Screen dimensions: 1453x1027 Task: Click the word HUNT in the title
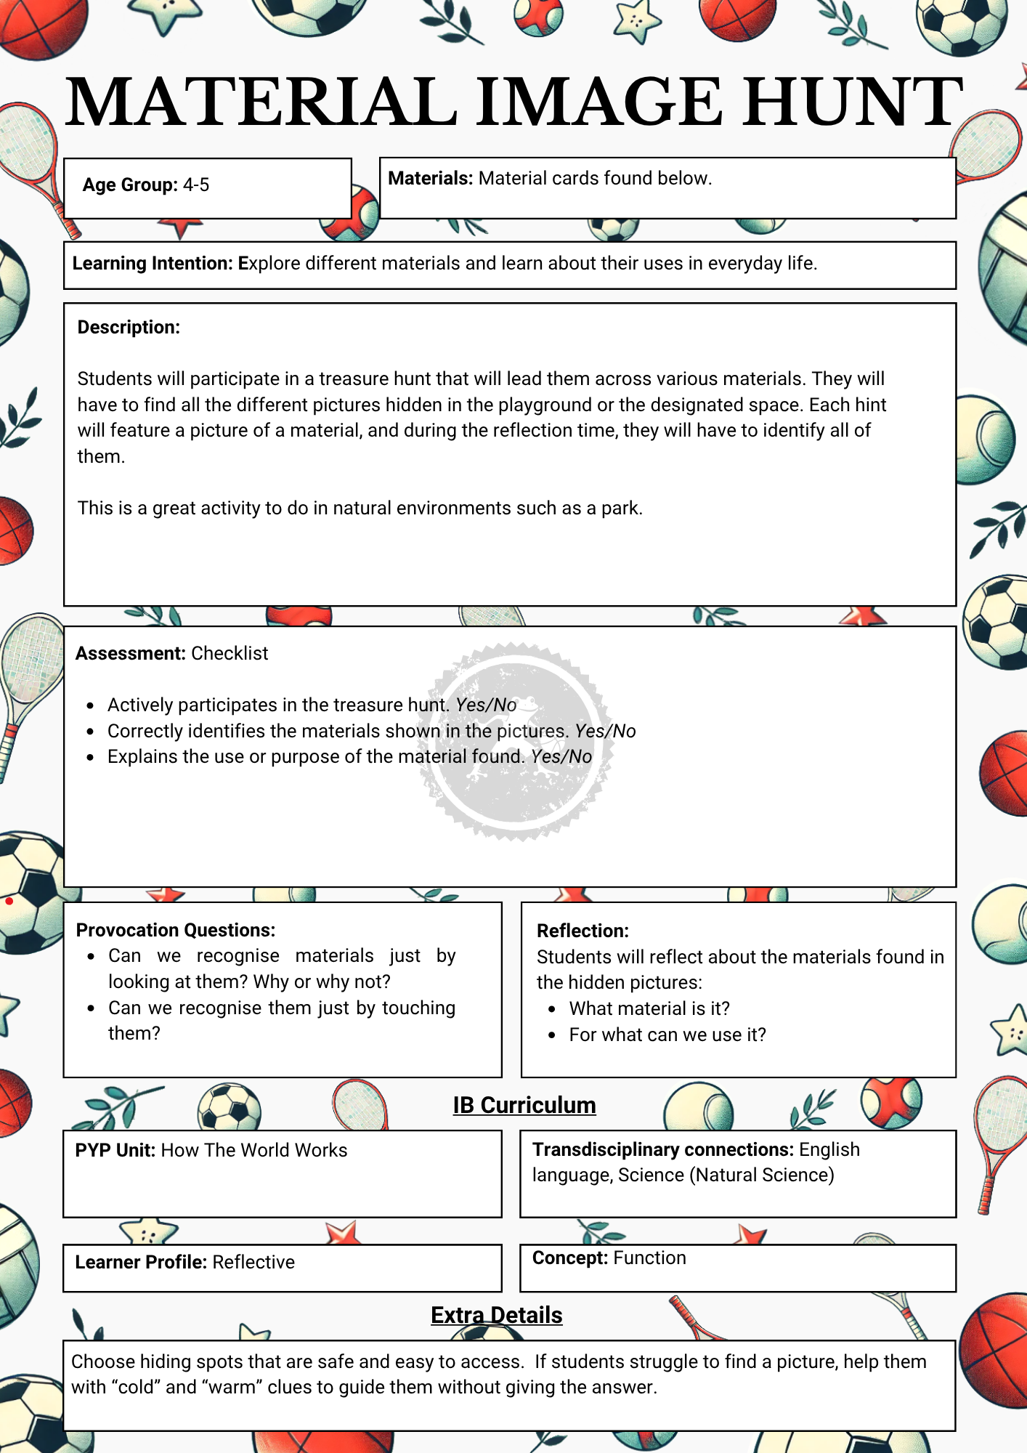click(x=853, y=102)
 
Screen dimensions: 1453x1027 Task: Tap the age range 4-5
click(x=195, y=185)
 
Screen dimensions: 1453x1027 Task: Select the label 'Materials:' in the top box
click(x=430, y=179)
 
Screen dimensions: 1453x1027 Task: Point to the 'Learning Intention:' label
click(x=152, y=264)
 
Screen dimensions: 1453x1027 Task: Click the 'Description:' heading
click(x=129, y=328)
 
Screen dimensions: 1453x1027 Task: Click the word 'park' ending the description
click(x=620, y=509)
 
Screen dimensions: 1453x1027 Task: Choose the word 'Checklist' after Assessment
click(x=230, y=654)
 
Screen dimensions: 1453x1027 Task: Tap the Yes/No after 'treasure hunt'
click(x=486, y=705)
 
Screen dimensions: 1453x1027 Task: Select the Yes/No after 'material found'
click(x=561, y=757)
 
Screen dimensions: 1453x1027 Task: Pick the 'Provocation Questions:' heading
click(x=176, y=931)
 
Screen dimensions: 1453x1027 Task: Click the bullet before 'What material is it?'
click(x=553, y=1009)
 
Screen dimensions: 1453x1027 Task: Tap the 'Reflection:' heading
click(x=582, y=931)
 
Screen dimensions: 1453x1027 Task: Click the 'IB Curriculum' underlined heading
click(x=524, y=1105)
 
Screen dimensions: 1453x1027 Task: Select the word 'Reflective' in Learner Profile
click(x=253, y=1263)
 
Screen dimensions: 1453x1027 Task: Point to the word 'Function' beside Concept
click(x=649, y=1258)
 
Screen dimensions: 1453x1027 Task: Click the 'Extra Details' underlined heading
click(x=497, y=1316)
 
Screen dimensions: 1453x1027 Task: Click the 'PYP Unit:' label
click(x=115, y=1151)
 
